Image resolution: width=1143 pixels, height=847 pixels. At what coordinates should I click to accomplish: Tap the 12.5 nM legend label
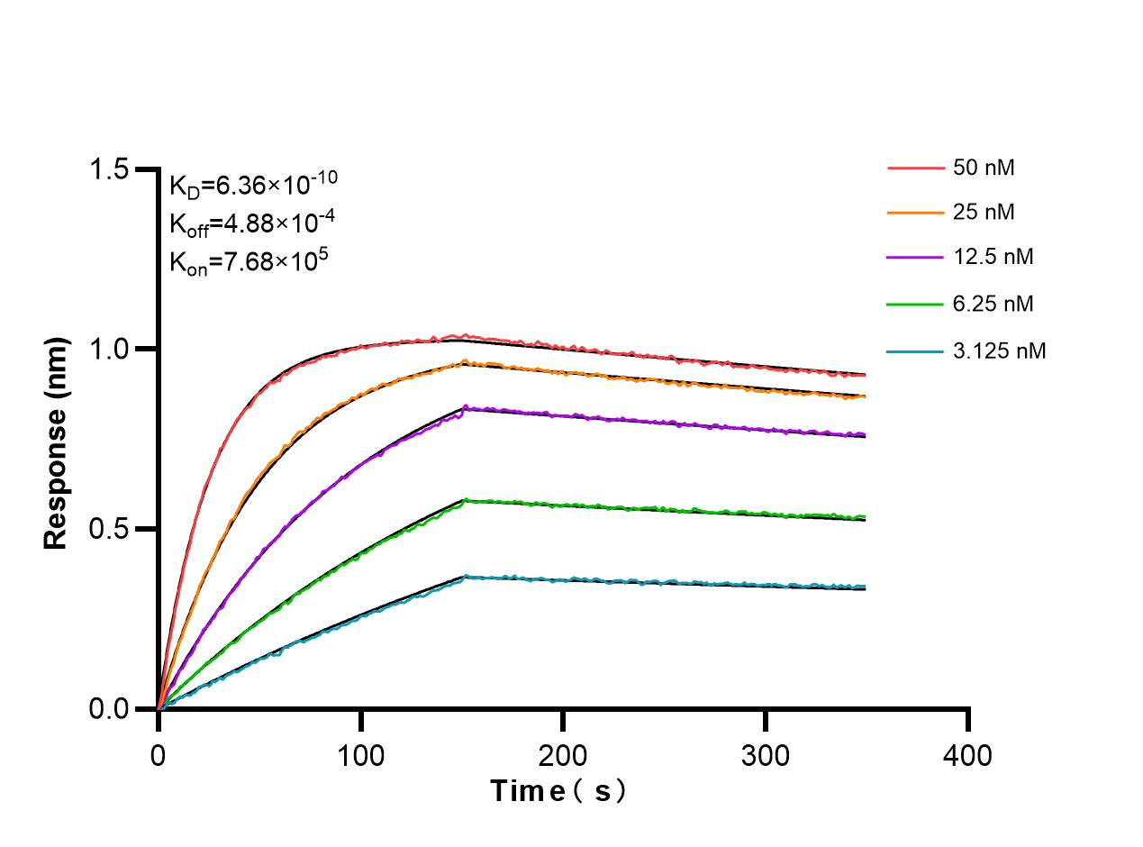coord(993,258)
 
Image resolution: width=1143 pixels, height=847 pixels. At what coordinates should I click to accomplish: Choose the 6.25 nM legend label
coord(993,305)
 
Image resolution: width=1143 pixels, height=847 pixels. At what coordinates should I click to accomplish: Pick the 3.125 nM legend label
coord(1000,351)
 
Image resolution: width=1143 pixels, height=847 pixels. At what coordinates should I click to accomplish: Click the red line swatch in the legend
coord(914,168)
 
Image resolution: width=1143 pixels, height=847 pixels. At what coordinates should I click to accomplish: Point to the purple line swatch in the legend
coord(914,258)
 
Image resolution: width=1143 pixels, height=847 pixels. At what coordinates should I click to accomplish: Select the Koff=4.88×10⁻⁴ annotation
coord(241,223)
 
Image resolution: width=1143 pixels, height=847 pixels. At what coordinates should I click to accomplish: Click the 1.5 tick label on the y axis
coord(111,169)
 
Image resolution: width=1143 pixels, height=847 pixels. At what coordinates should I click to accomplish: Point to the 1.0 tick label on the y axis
coord(111,350)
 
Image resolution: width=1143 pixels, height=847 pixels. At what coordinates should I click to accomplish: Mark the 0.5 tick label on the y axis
coord(111,529)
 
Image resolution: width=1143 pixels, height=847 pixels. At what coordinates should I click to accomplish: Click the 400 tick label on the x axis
coord(967,754)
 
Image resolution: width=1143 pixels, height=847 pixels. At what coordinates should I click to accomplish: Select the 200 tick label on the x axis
coord(563,754)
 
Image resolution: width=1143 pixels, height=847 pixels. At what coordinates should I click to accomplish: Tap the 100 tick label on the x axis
coord(360,754)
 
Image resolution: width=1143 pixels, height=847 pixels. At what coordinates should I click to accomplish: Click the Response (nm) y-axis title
coord(57,443)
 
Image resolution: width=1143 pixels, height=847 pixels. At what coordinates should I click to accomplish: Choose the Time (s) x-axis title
coord(558,791)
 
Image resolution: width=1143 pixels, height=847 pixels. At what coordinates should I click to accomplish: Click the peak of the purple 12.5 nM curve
coord(466,407)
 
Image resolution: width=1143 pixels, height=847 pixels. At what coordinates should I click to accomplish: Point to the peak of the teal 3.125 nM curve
coord(466,576)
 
